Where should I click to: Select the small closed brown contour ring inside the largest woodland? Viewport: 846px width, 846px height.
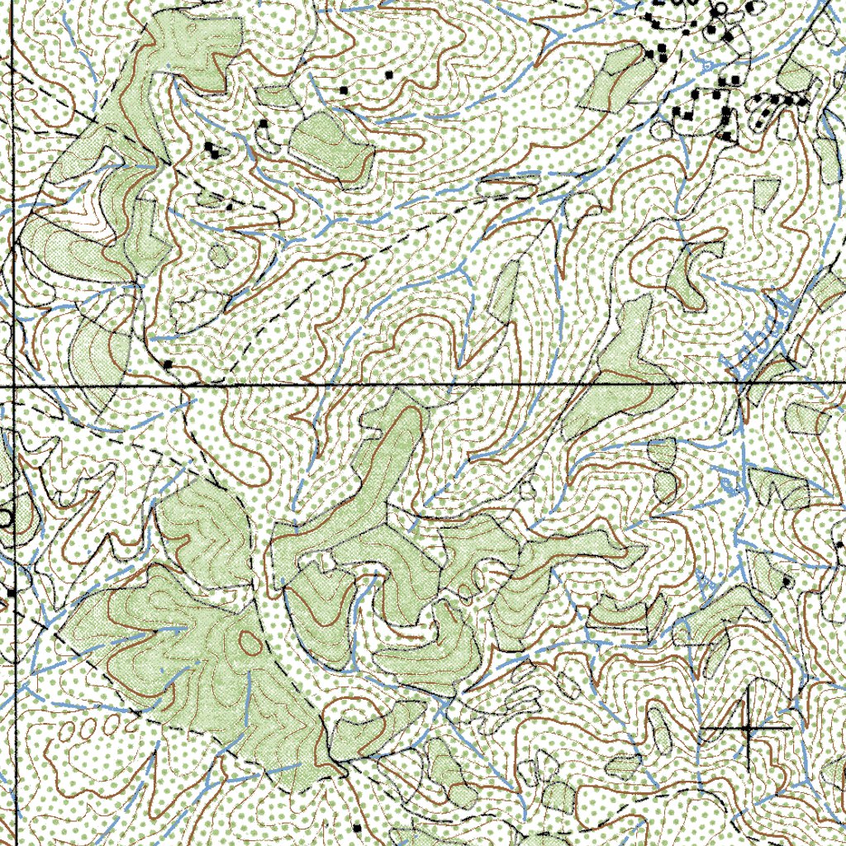click(x=247, y=640)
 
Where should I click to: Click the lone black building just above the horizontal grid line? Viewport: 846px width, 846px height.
click(x=169, y=364)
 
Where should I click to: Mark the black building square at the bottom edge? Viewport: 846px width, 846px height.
click(x=357, y=826)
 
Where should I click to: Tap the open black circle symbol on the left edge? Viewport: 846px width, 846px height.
click(x=5, y=518)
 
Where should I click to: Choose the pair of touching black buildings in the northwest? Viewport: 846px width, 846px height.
click(x=212, y=150)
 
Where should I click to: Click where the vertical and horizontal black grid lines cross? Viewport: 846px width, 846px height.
click(x=14, y=386)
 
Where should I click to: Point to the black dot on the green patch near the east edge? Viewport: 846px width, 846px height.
click(x=787, y=582)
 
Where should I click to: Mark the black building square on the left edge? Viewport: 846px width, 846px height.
click(x=12, y=592)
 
